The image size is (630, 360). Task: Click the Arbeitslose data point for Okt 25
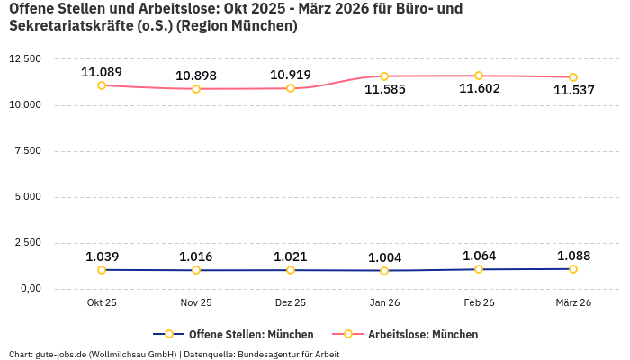[x=102, y=85]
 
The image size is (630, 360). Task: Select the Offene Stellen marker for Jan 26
[x=384, y=271]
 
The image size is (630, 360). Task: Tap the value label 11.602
[x=479, y=89]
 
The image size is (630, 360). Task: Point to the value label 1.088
[x=573, y=256]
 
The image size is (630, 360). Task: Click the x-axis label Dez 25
[x=290, y=303]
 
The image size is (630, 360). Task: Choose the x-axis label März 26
[x=573, y=303]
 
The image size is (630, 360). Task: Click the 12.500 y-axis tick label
[x=24, y=59]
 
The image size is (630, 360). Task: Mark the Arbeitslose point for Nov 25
[x=196, y=89]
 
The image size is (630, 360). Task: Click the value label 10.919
[x=290, y=74]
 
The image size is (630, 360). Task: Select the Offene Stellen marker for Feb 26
[x=479, y=269]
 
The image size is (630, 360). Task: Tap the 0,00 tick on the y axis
[x=30, y=289]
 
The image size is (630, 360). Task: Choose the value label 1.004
[x=384, y=257]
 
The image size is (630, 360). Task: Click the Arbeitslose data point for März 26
[x=573, y=77]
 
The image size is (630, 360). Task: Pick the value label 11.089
[x=102, y=72]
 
